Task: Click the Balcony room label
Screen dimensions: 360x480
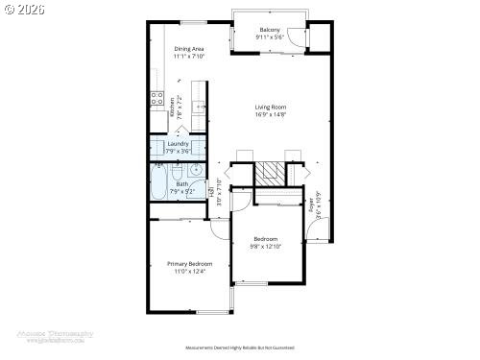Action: point(270,30)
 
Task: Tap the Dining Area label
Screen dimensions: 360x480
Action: point(189,48)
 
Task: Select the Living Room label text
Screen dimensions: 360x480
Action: point(271,108)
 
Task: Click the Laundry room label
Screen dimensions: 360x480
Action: point(179,144)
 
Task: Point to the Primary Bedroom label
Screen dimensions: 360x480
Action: point(189,264)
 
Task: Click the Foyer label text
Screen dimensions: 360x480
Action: point(313,204)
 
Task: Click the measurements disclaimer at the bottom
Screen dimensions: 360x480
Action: point(239,348)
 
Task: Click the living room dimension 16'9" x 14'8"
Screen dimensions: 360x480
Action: point(271,115)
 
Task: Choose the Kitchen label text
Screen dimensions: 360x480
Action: point(172,107)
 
